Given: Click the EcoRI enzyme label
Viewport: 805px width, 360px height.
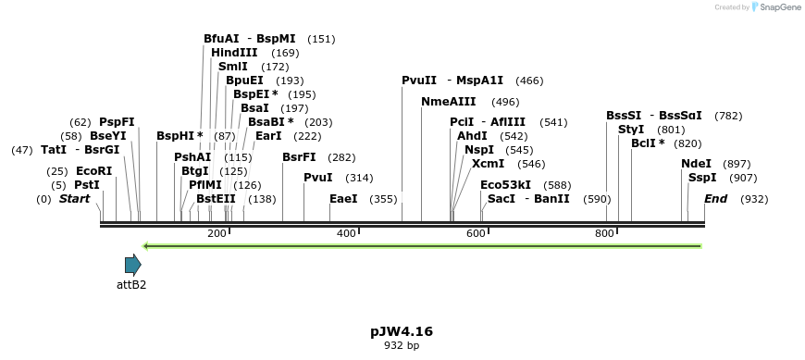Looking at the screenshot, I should point(93,171).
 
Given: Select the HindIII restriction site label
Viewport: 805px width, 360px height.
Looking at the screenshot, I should point(234,53).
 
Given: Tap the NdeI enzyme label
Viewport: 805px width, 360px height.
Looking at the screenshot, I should point(696,164).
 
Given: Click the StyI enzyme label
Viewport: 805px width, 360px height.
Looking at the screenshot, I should point(631,130).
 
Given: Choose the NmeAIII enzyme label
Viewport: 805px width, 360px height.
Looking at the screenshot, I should point(449,102).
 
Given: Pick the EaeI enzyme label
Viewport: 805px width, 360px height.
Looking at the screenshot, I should point(343,199).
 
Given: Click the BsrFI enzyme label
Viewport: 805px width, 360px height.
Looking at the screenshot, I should point(299,157).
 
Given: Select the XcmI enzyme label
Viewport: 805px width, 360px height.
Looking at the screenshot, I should point(488,164).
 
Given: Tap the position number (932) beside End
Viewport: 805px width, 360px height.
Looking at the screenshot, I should point(754,199).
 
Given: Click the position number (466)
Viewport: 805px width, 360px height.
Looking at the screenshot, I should point(529,81).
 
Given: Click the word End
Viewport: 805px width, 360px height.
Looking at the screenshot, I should point(716,199).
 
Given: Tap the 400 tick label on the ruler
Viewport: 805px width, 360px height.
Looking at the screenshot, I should point(346,233).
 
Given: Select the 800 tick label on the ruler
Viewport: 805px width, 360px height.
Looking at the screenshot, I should point(605,233).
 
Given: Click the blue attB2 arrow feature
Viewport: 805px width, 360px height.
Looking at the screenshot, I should point(132,265).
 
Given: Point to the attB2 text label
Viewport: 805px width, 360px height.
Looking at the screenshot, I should point(131,285).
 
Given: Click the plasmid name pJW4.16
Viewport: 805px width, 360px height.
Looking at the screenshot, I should point(402,331).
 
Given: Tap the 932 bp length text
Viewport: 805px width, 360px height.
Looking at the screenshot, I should point(402,346).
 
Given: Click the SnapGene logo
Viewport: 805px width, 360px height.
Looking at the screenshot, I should point(775,7).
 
